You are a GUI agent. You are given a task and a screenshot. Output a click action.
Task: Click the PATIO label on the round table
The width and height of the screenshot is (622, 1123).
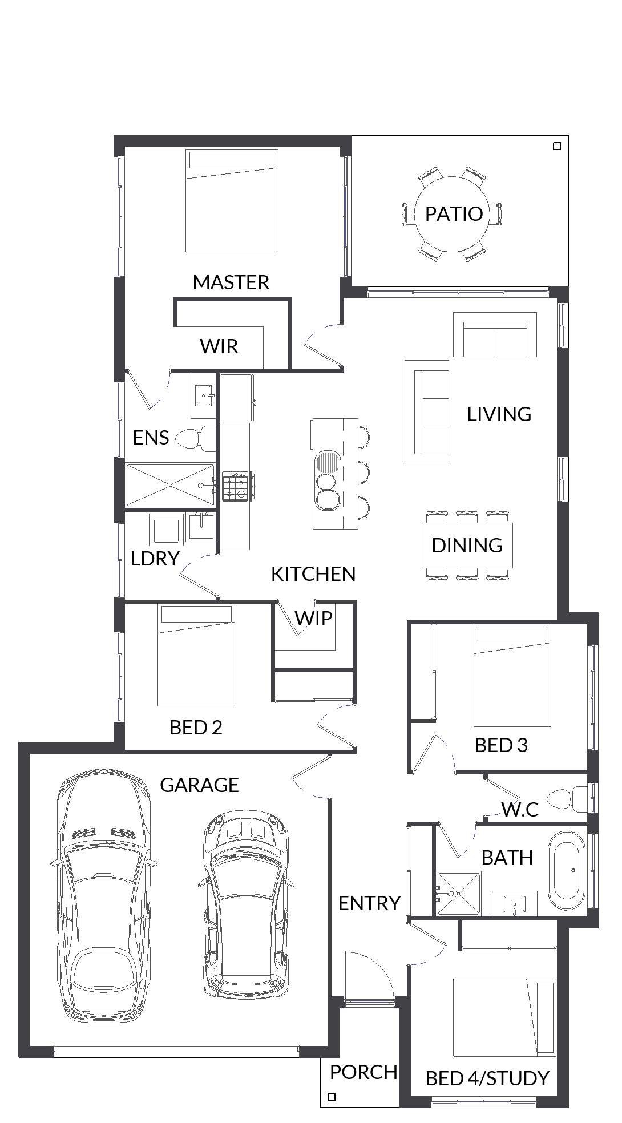[454, 214]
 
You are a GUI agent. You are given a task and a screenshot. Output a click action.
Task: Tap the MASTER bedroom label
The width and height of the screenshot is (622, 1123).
[231, 282]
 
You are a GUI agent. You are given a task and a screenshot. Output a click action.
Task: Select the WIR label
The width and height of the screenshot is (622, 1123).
[219, 346]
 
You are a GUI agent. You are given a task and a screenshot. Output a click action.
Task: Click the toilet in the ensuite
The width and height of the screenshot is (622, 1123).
[196, 438]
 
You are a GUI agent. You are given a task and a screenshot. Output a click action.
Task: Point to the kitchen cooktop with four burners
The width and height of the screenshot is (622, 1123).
[236, 487]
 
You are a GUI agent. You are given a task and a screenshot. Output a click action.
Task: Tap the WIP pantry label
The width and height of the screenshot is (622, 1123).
[313, 618]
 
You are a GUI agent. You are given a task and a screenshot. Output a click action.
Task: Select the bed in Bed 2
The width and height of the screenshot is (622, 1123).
[196, 655]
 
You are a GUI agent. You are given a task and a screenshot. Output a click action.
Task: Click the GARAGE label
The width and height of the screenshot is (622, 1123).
[199, 785]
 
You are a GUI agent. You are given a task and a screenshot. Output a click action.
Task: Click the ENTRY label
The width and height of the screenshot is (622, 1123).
[369, 903]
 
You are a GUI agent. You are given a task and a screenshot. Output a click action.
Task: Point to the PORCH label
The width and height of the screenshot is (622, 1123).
[363, 1072]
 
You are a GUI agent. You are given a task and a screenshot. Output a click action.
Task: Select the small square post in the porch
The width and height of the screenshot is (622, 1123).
[332, 1097]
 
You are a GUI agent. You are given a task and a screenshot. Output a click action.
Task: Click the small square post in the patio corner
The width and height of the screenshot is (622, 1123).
[558, 146]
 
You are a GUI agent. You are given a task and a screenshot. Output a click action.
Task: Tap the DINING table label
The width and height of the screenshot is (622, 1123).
[467, 546]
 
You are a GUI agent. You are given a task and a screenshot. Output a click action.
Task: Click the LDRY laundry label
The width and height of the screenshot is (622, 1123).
[155, 559]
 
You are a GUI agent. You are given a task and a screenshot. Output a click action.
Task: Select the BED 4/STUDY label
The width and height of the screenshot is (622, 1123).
[487, 1078]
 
